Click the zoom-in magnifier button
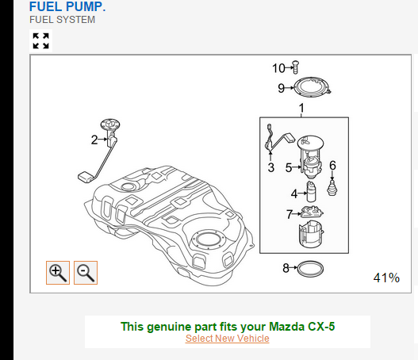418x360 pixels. (58, 273)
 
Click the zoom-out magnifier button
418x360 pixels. (86, 273)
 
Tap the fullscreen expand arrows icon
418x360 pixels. (40, 40)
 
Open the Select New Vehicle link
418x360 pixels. (228, 339)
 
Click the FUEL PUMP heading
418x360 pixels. (67, 6)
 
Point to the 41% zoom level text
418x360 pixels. (386, 278)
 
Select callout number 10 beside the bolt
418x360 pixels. (278, 68)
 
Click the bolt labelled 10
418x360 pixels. (295, 67)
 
